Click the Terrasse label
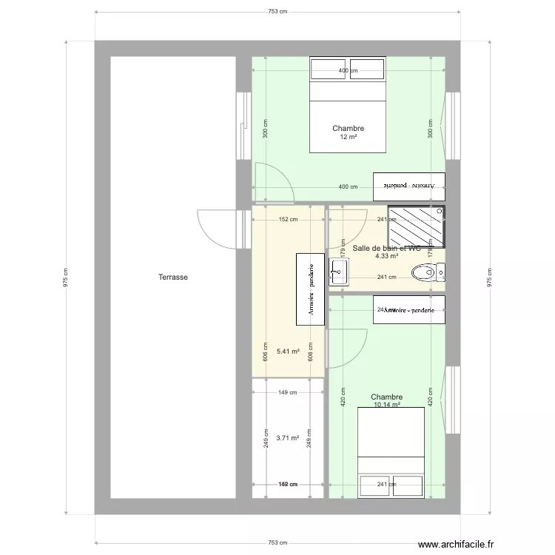172,277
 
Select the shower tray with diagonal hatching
417,227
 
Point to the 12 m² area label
349,138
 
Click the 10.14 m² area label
387,406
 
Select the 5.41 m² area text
288,352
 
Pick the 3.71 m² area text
288,438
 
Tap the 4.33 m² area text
387,257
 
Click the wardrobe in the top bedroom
408,186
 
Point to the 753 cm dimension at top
277,12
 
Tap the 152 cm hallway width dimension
288,219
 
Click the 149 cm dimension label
288,393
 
